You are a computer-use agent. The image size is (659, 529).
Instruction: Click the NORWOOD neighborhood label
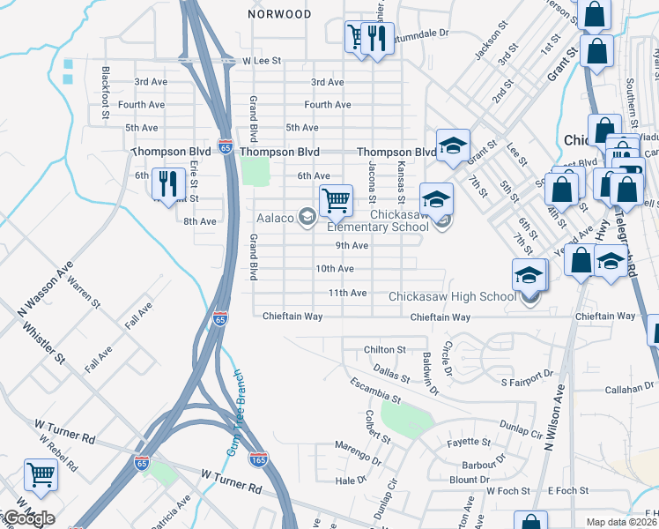(x=279, y=14)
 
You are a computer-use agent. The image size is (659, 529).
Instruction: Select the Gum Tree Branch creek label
(x=235, y=413)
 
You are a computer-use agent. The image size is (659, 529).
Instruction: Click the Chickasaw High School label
(x=452, y=296)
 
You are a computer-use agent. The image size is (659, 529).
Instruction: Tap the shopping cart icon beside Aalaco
(x=336, y=200)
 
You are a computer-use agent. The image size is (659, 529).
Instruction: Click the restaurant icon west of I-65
(x=167, y=183)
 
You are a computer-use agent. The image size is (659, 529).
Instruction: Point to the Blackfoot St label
(x=106, y=92)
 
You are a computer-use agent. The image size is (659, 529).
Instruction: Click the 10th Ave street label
(x=335, y=269)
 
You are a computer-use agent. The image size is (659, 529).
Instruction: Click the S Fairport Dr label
(x=526, y=383)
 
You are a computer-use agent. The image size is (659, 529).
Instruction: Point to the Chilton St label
(x=384, y=350)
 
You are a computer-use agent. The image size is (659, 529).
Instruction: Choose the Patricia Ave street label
(x=170, y=510)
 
